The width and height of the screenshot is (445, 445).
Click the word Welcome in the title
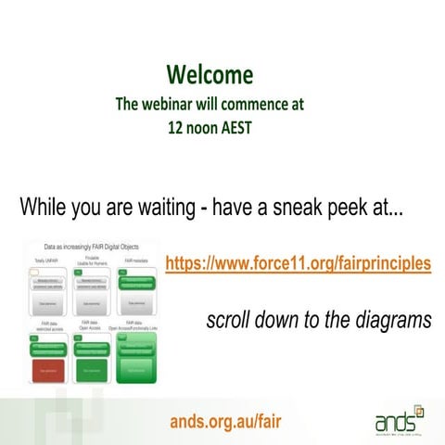pyautogui.click(x=210, y=74)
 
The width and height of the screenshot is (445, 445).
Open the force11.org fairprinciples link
pyautogui.click(x=298, y=263)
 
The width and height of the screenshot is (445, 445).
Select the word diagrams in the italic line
pyautogui.click(x=392, y=321)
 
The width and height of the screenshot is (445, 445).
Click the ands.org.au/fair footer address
pyautogui.click(x=224, y=423)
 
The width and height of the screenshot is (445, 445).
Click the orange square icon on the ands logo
pyautogui.click(x=418, y=408)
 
